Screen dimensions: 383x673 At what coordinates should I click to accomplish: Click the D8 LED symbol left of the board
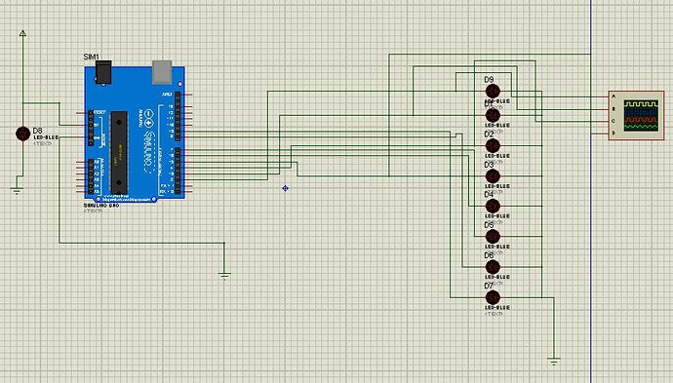click(22, 134)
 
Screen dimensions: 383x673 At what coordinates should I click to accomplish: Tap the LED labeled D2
click(493, 145)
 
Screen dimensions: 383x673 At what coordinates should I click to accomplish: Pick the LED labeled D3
click(493, 176)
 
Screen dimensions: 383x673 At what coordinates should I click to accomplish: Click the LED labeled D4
click(493, 207)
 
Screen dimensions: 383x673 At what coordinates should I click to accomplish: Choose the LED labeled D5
click(493, 237)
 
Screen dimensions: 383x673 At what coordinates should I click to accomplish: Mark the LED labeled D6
click(493, 266)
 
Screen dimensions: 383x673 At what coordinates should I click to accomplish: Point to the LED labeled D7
click(493, 297)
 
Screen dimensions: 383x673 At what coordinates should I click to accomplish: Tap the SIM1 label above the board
click(92, 58)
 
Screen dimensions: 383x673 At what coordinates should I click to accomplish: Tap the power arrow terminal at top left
click(22, 32)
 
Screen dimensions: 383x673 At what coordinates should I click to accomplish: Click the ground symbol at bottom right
click(554, 361)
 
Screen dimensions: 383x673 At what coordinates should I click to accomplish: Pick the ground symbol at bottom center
click(225, 275)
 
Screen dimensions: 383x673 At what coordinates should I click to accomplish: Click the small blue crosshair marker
click(285, 187)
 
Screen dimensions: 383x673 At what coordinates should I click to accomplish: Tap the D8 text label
click(38, 130)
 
